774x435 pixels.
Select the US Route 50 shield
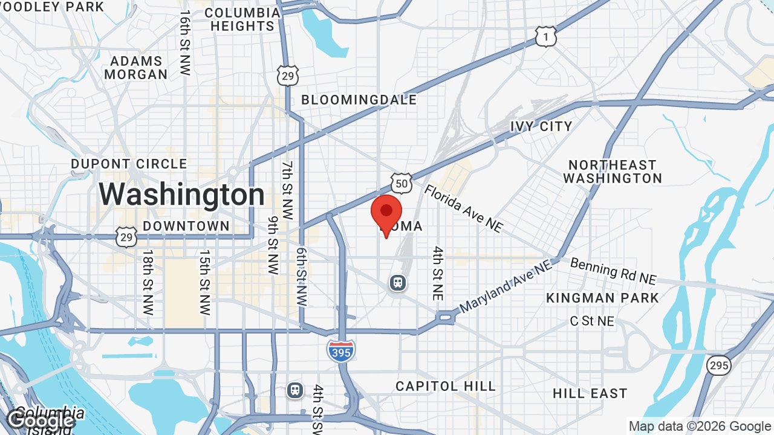[x=402, y=182]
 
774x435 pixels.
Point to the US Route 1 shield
[x=545, y=37]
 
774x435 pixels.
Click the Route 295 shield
[x=719, y=365]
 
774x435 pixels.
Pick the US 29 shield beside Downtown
[x=126, y=237]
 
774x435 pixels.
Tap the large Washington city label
[x=181, y=195]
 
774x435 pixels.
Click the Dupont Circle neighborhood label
[x=129, y=164]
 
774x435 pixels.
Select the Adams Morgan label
[x=136, y=68]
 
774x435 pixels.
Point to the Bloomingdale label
[x=359, y=100]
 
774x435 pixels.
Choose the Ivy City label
[x=541, y=126]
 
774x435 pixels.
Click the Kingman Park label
[x=602, y=298]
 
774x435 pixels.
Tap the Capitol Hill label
[x=446, y=386]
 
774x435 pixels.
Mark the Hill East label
[x=590, y=393]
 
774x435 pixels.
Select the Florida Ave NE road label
[x=463, y=208]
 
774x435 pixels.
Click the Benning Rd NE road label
[x=613, y=271]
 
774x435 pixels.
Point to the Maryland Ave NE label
[x=506, y=286]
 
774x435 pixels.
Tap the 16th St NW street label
[x=185, y=42]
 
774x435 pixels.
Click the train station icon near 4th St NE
[x=398, y=282]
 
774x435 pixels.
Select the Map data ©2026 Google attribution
[x=700, y=427]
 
